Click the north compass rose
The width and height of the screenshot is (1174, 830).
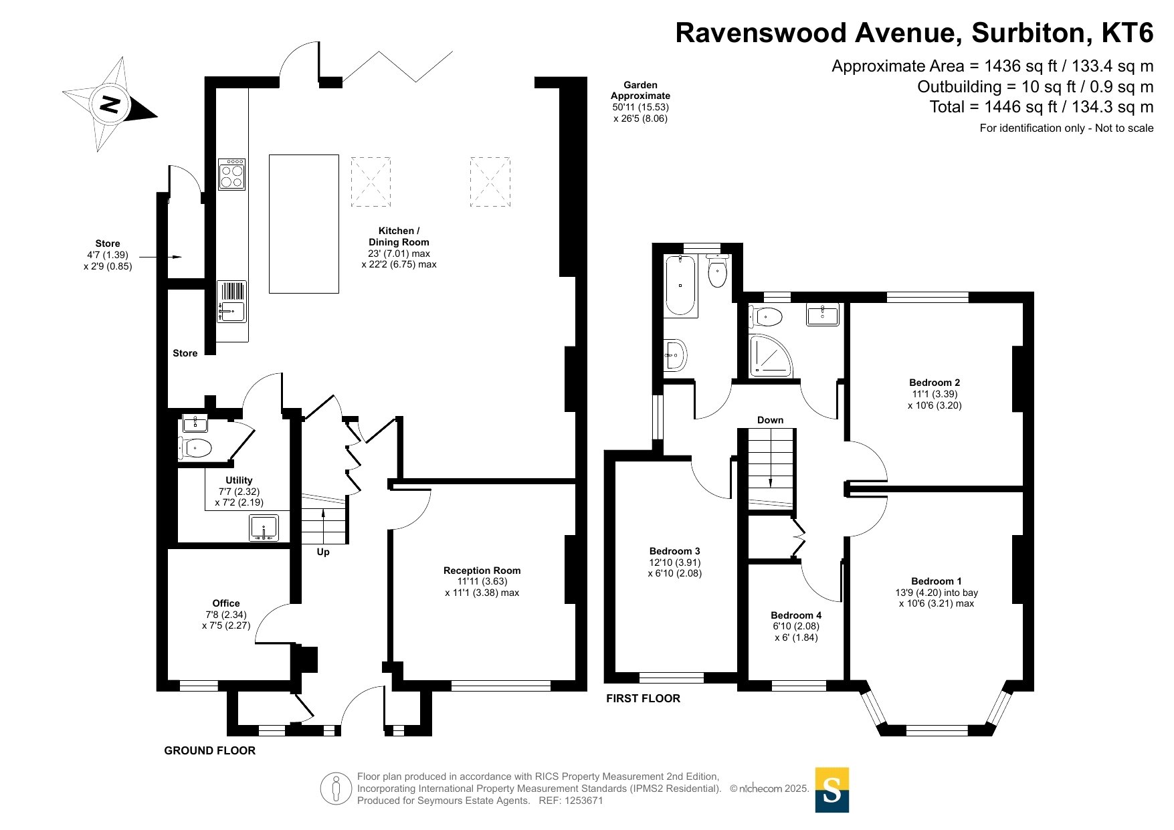pyautogui.click(x=110, y=104)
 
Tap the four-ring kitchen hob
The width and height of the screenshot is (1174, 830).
pyautogui.click(x=231, y=174)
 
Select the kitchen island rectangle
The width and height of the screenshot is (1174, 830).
pyautogui.click(x=304, y=223)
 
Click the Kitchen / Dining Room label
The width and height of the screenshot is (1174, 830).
pyautogui.click(x=399, y=236)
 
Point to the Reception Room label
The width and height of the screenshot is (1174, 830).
pyautogui.click(x=482, y=570)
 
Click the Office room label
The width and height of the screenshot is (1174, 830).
pyautogui.click(x=226, y=603)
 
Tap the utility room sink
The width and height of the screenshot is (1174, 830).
pyautogui.click(x=264, y=528)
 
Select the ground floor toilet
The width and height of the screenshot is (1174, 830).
pyautogui.click(x=195, y=447)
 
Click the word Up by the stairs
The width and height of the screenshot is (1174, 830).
pyautogui.click(x=323, y=552)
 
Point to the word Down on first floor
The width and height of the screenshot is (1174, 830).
pyautogui.click(x=770, y=420)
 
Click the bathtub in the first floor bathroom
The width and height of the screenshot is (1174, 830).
pyautogui.click(x=681, y=285)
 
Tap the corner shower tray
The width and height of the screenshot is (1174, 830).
pyautogui.click(x=770, y=355)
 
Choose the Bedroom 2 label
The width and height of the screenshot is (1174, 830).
pyautogui.click(x=935, y=383)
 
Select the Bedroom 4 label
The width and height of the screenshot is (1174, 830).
pyautogui.click(x=796, y=615)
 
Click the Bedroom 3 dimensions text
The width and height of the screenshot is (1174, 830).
pyautogui.click(x=675, y=568)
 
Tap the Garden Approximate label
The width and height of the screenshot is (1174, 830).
pyautogui.click(x=640, y=90)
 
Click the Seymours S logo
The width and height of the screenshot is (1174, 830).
pyautogui.click(x=832, y=790)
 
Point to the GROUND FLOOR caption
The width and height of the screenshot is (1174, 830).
pyautogui.click(x=210, y=750)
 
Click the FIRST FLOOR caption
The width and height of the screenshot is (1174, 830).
pyautogui.click(x=643, y=698)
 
